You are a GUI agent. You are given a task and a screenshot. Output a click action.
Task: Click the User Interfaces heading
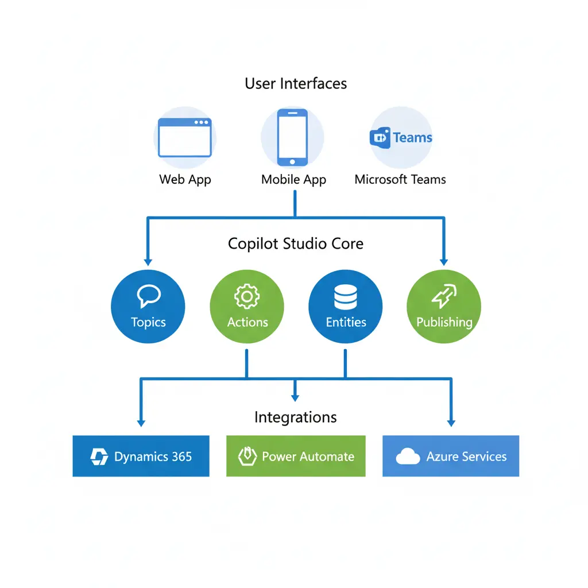pyautogui.click(x=296, y=84)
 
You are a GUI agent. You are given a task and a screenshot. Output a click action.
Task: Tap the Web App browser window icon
pyautogui.click(x=185, y=138)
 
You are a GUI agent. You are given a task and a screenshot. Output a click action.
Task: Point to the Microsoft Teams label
pyautogui.click(x=400, y=179)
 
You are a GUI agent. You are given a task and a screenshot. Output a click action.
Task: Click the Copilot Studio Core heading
pyautogui.click(x=296, y=243)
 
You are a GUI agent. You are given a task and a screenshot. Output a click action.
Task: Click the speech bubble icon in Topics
pyautogui.click(x=148, y=296)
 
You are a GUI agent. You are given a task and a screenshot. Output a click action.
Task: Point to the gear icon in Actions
pyautogui.click(x=247, y=297)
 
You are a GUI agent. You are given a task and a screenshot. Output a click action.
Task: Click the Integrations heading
pyautogui.click(x=296, y=417)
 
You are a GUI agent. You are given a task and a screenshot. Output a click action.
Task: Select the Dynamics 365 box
pyautogui.click(x=141, y=457)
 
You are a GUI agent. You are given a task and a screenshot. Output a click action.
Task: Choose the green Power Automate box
pyautogui.click(x=296, y=457)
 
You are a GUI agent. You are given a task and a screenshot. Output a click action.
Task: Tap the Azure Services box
pyautogui.click(x=451, y=457)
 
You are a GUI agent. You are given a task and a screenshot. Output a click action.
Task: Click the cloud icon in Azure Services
pyautogui.click(x=408, y=457)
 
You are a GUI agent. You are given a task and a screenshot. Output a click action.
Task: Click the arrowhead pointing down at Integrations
pyautogui.click(x=295, y=397)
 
